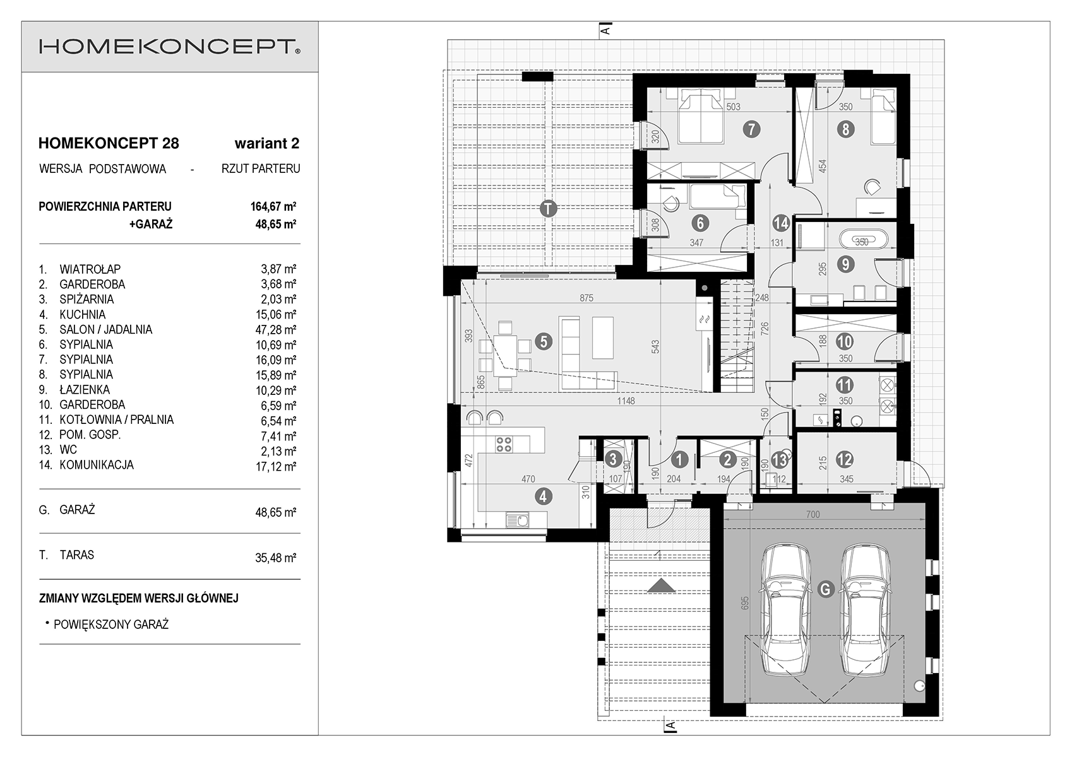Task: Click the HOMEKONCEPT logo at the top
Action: pyautogui.click(x=170, y=47)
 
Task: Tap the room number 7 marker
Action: pyautogui.click(x=751, y=129)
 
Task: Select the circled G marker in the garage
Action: pyautogui.click(x=826, y=589)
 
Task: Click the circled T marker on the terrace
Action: pyautogui.click(x=548, y=209)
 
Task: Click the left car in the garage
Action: pyautogui.click(x=786, y=611)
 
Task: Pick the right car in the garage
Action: pyautogui.click(x=866, y=611)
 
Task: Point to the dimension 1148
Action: pyautogui.click(x=626, y=401)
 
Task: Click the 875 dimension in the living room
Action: pyautogui.click(x=587, y=298)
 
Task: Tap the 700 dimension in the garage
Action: pyautogui.click(x=813, y=515)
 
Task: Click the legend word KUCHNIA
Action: pyautogui.click(x=82, y=315)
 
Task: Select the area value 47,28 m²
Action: pyautogui.click(x=276, y=329)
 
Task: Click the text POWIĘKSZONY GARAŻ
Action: pyautogui.click(x=111, y=625)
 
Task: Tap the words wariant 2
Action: pyautogui.click(x=266, y=143)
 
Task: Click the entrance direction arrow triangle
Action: pyautogui.click(x=662, y=586)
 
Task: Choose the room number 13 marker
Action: pyautogui.click(x=780, y=460)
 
